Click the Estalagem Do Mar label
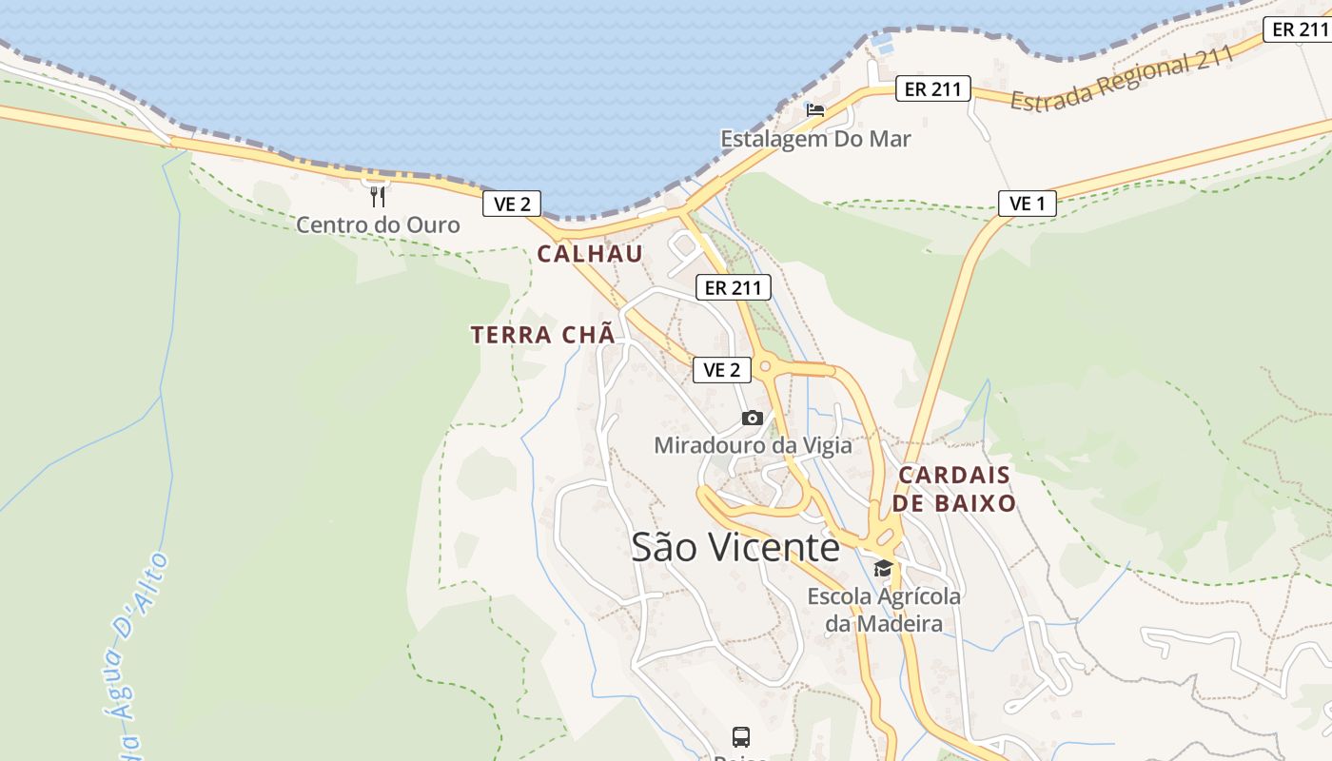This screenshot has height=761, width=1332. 815,139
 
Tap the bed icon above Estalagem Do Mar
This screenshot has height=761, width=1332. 814,109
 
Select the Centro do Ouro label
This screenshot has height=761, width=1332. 378,225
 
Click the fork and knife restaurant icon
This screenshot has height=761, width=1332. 378,197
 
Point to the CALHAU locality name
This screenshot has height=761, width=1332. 590,254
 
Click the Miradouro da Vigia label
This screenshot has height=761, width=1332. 753,445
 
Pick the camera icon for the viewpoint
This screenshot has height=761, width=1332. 752,418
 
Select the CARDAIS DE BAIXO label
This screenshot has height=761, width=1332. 956,489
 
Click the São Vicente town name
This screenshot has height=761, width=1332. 735,547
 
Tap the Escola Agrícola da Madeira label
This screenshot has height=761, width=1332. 884,610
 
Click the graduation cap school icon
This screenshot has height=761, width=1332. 883,569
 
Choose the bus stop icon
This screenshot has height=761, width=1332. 741,736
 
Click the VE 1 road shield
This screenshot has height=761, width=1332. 1027,203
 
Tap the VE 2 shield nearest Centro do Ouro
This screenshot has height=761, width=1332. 512,203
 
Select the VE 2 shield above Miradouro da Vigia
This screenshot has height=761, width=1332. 722,369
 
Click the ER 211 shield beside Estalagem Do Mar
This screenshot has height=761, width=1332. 932,89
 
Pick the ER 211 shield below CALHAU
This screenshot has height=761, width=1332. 733,287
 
